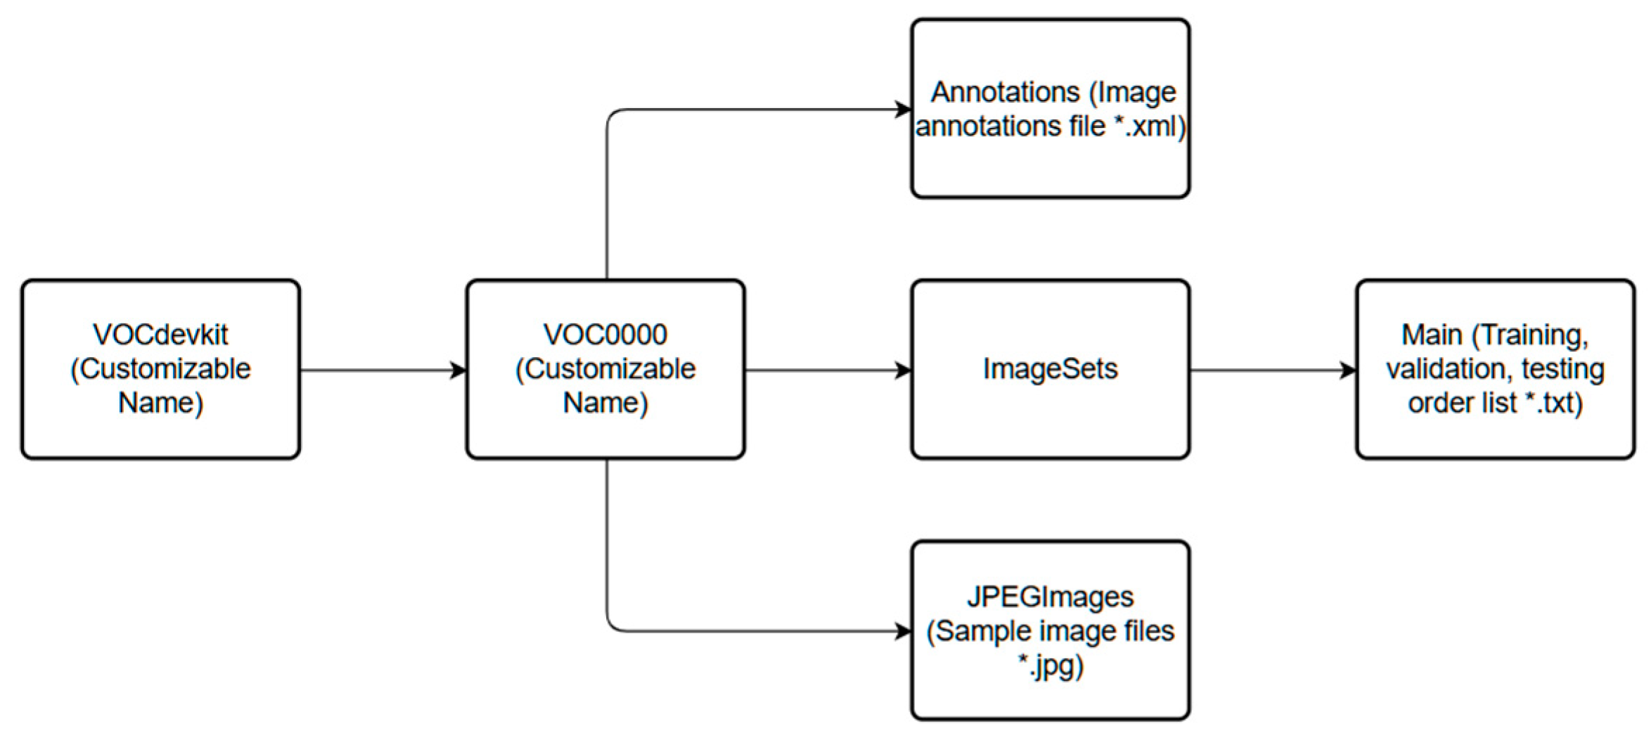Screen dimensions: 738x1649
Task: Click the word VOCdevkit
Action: coord(160,335)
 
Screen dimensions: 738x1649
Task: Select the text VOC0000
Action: coord(605,335)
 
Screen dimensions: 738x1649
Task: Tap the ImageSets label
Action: coord(1050,369)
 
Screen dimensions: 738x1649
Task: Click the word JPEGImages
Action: coord(1050,597)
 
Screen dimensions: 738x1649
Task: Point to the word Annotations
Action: coord(1005,92)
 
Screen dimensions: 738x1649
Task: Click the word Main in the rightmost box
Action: coord(1432,335)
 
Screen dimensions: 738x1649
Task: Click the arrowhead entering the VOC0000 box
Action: coord(458,370)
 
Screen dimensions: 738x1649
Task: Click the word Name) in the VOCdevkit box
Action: coord(160,403)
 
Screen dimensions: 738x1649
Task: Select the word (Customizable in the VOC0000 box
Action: coord(605,369)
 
